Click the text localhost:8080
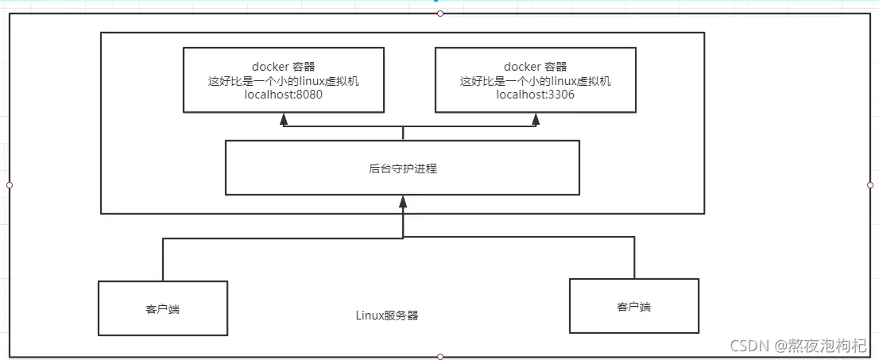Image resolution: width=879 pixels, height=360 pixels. coord(283,95)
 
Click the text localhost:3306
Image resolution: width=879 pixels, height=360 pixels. coord(536,95)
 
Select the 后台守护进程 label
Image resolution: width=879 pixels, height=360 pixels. coord(403,168)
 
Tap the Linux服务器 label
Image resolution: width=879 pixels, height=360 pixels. coord(387,315)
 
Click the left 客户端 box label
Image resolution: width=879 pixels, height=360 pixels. coord(163,309)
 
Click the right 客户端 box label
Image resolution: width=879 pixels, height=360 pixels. coord(633,307)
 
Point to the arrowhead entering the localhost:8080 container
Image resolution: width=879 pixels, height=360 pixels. coord(284,118)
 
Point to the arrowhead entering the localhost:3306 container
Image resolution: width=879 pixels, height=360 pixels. coord(536,118)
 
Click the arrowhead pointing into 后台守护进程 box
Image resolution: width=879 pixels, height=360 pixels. coord(403,202)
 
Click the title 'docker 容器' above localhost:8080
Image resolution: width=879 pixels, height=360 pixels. coord(283,67)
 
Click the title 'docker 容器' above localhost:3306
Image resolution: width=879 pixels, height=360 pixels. coord(536,67)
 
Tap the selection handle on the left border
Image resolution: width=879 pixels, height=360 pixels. coord(10,184)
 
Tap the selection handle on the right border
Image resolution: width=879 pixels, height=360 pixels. coord(870,184)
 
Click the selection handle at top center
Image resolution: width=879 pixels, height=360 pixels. coord(440,13)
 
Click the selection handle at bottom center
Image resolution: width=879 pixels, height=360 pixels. coord(440,357)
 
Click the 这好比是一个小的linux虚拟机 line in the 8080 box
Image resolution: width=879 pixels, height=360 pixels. coord(283,81)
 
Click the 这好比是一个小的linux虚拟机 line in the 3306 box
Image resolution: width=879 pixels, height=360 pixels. coord(536,81)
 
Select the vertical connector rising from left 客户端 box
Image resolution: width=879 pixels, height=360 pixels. coord(163,259)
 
